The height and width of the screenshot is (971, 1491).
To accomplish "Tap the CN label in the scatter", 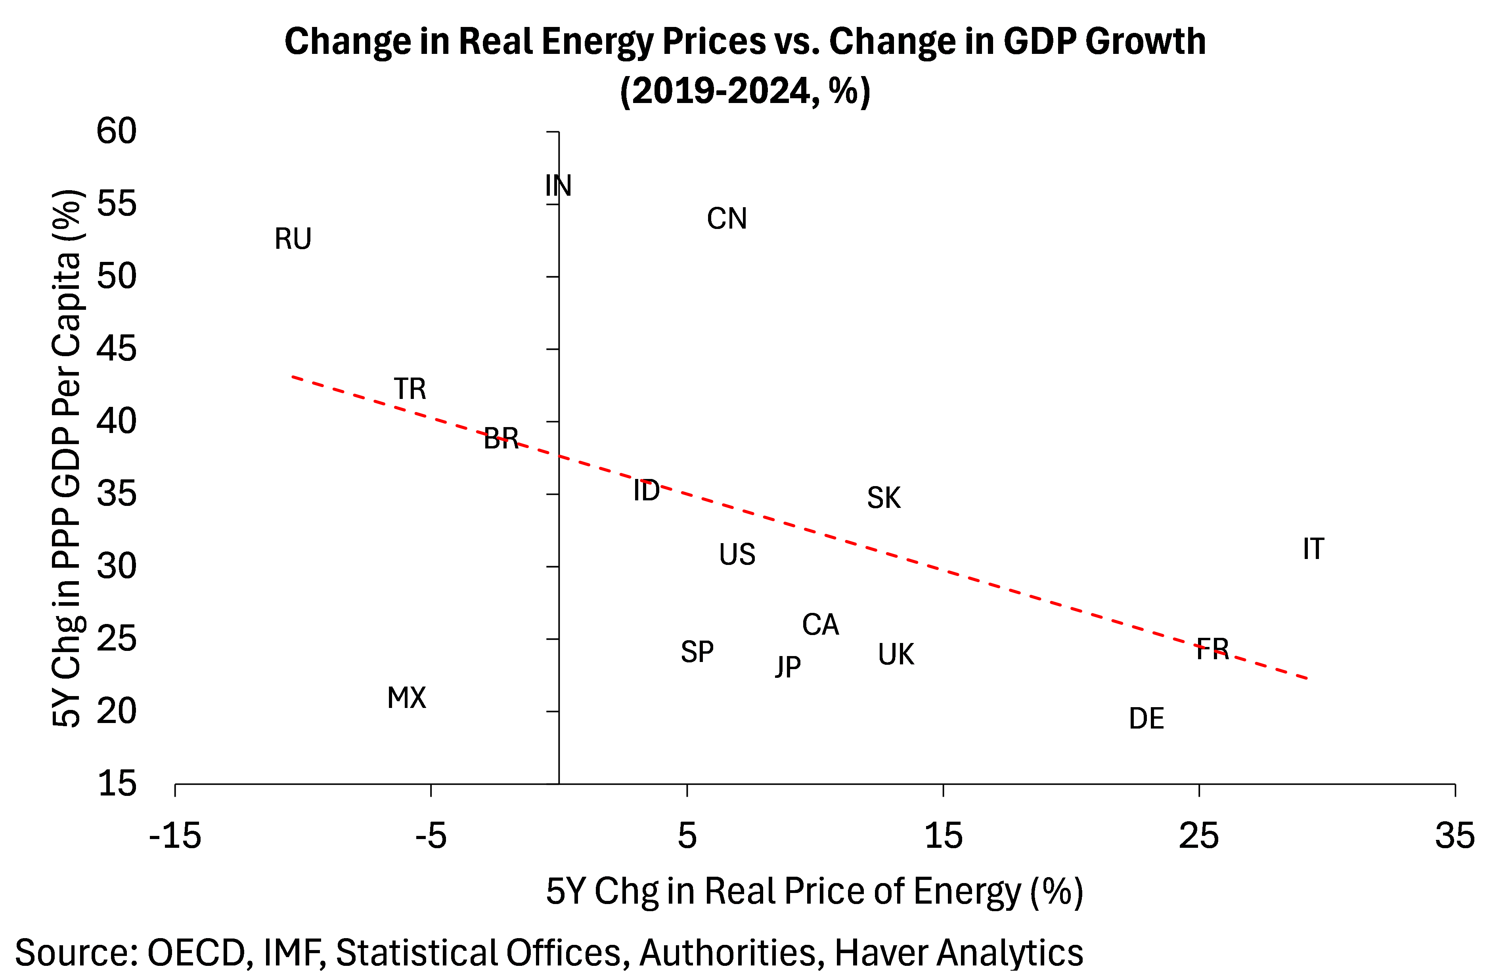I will click(727, 219).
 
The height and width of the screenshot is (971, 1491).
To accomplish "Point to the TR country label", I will click(410, 389).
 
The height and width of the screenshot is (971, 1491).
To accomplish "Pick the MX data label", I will click(407, 697).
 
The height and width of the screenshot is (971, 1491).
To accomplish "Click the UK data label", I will click(896, 654).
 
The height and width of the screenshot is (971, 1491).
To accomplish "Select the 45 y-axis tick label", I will click(117, 348).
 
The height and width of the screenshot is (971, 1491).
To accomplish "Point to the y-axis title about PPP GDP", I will click(67, 457).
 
